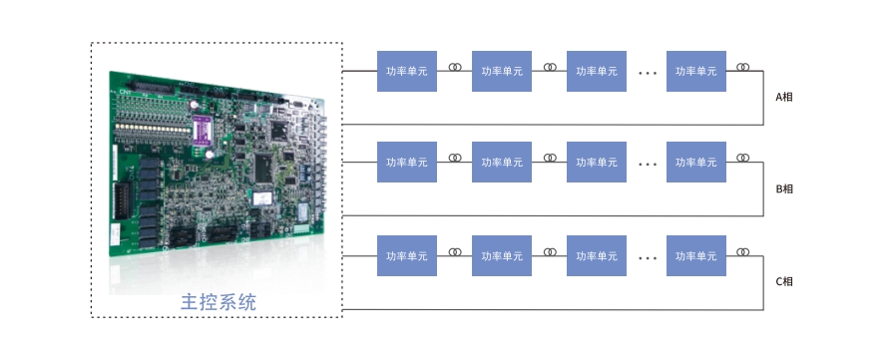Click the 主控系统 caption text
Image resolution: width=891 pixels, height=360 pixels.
(219, 301)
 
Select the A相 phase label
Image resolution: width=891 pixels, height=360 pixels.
(784, 97)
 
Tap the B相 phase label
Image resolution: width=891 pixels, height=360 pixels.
(784, 189)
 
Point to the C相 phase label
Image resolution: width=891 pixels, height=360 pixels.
(784, 281)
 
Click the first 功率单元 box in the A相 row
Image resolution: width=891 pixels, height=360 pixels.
(407, 71)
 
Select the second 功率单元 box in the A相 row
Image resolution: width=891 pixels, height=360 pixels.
(502, 71)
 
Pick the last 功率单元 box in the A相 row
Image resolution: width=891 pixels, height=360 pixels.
(696, 71)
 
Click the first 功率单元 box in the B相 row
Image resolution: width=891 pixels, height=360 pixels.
(407, 162)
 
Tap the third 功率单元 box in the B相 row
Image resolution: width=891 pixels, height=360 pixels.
(597, 162)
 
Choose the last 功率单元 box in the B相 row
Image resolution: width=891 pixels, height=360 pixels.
(696, 162)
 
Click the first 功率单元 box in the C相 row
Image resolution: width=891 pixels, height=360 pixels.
(407, 255)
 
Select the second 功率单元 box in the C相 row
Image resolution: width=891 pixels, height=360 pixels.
(502, 255)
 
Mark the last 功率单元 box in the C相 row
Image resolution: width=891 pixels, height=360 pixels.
(696, 255)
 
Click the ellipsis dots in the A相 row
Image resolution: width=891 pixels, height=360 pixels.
(648, 73)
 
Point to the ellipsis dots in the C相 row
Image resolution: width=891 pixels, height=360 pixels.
(648, 258)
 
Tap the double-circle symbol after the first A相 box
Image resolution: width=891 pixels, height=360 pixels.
(455, 67)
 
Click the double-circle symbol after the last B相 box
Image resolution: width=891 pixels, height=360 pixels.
(742, 158)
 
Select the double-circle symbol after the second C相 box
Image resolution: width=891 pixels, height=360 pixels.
(550, 251)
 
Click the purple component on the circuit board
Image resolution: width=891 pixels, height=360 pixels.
(202, 131)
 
